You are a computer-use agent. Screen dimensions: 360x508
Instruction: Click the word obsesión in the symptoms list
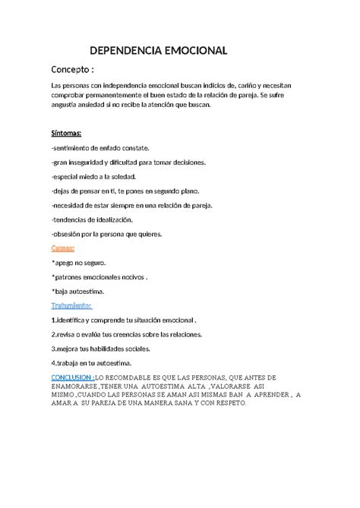point(69,234)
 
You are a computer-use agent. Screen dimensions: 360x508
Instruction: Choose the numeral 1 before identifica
point(53,320)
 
